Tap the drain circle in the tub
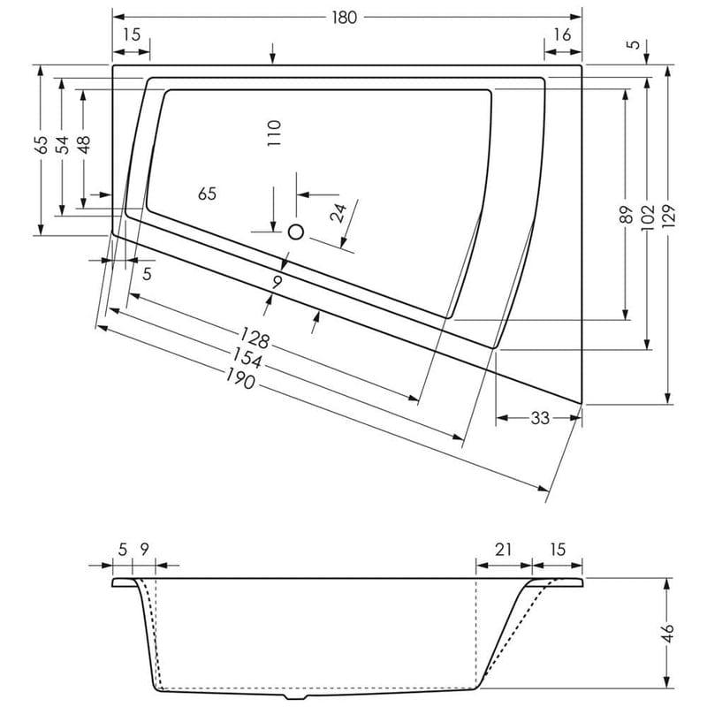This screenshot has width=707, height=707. [x=296, y=232]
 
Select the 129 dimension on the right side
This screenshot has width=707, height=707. [x=669, y=213]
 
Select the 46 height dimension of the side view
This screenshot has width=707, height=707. [x=669, y=632]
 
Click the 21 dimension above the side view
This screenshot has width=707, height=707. [x=503, y=550]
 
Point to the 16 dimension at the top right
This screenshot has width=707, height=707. [x=563, y=34]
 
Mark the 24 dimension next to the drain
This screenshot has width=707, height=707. [x=337, y=213]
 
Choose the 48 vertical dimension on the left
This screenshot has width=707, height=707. [x=83, y=145]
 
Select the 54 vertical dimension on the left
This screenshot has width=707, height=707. [x=62, y=145]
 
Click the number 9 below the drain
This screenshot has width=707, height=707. [x=277, y=283]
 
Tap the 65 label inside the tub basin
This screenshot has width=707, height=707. [x=207, y=194]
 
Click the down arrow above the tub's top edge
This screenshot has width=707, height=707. [x=273, y=53]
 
